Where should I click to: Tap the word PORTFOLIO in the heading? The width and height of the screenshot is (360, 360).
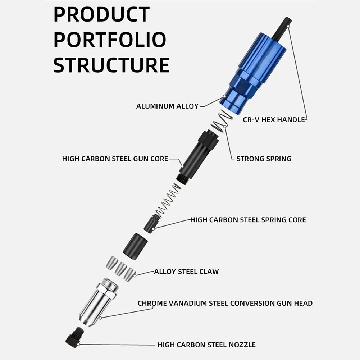coord(110,40)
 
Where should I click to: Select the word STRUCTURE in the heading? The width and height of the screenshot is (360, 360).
coord(111,65)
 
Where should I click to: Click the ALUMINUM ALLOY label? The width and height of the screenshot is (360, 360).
coord(167,106)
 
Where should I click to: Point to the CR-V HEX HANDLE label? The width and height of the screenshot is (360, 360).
coord(274,120)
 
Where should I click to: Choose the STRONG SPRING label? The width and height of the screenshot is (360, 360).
coord(264,159)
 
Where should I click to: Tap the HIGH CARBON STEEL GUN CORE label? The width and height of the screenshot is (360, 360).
coord(115,159)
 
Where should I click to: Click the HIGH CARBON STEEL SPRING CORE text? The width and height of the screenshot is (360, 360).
coord(248,220)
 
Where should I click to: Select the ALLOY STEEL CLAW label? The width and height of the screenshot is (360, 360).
coord(186,272)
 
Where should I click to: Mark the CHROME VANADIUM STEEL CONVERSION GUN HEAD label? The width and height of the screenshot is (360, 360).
coord(225,303)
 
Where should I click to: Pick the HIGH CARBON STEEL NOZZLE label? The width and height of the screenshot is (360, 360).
coord(207,345)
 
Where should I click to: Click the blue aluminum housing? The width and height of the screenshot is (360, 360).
coord(253,72)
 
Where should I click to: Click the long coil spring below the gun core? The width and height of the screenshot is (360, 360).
coord(168,200)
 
